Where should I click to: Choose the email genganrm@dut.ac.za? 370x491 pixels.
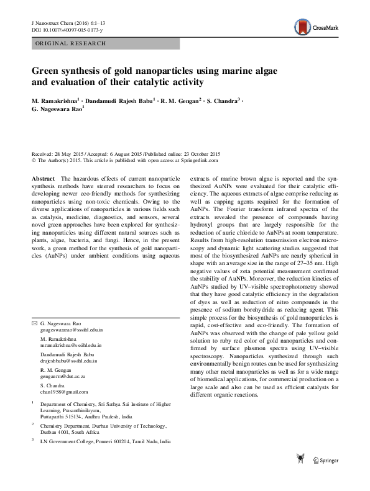tap(60, 377)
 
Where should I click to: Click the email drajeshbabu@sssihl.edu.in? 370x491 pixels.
tap(68, 362)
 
